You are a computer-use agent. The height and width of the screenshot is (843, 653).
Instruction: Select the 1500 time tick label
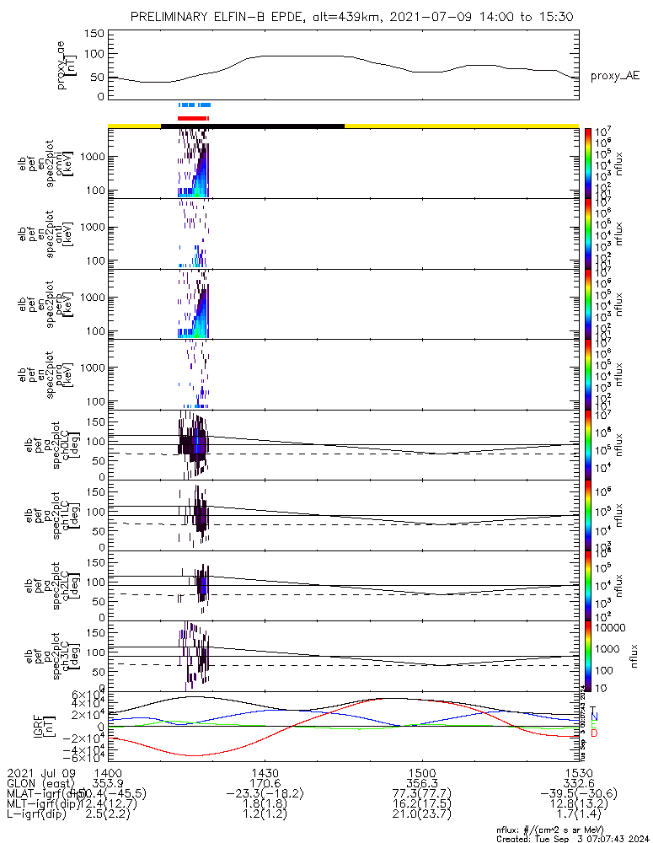click(x=421, y=773)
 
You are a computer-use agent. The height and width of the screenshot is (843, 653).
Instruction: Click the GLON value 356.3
click(x=421, y=784)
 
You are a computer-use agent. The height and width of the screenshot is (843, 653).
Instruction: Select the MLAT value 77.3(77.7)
click(x=421, y=795)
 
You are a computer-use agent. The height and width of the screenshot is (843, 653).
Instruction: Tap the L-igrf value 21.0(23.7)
click(x=421, y=817)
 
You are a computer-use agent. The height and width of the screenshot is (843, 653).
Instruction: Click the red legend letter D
click(x=593, y=733)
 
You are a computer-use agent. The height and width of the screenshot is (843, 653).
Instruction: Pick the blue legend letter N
click(x=593, y=717)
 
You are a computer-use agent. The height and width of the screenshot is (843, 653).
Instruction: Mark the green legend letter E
click(x=593, y=725)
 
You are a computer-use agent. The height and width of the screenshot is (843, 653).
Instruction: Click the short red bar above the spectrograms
click(x=193, y=118)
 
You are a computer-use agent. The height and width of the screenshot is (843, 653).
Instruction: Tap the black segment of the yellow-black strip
click(x=253, y=126)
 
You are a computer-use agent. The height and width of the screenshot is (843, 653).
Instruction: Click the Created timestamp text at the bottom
click(x=573, y=838)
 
